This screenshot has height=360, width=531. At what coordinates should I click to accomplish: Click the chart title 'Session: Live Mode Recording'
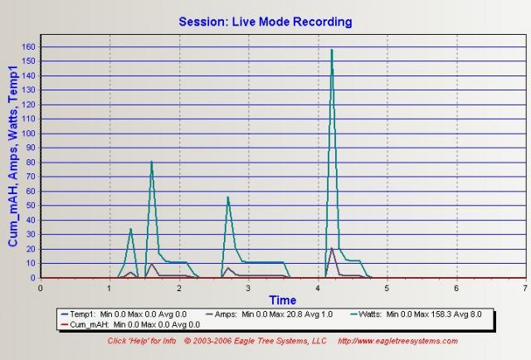point(265,22)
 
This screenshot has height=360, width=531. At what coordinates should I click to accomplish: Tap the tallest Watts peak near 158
point(332,50)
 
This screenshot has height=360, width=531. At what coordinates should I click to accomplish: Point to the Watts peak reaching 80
point(152,162)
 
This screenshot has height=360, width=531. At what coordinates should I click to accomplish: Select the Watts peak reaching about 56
point(227,197)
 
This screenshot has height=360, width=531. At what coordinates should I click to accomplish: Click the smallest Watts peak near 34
point(131,229)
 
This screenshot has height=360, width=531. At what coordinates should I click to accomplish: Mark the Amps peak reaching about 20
point(332,248)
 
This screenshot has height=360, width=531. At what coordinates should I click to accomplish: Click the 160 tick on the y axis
point(30,46)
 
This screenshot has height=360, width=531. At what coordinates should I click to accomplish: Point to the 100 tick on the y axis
point(30,134)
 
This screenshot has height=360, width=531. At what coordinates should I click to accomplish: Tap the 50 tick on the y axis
point(32,206)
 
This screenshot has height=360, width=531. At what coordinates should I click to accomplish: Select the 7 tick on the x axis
point(525,288)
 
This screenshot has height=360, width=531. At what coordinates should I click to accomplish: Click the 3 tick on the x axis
point(248,288)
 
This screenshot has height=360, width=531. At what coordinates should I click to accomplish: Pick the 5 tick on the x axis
point(387,288)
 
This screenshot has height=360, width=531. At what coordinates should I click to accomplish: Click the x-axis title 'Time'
point(282,299)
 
